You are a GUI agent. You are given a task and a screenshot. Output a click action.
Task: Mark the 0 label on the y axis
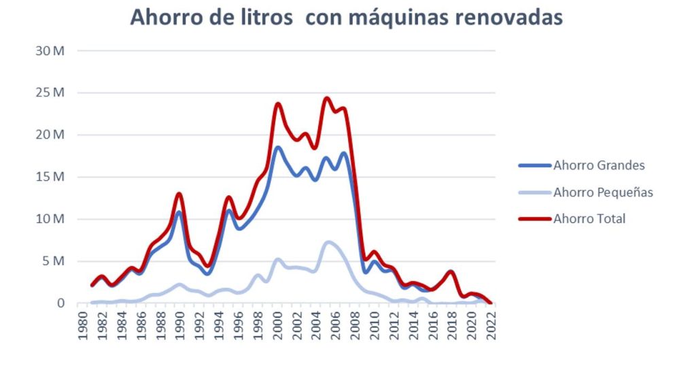pos(60,303)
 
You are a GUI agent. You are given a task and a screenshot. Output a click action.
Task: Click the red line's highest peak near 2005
pos(327,98)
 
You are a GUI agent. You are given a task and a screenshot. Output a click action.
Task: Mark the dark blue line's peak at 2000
pos(277,147)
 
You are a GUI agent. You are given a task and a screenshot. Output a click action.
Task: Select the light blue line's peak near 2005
pos(328,241)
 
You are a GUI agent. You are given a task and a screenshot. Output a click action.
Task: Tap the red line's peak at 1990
pos(179,194)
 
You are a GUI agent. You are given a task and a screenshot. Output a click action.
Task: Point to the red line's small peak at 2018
pos(451,271)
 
